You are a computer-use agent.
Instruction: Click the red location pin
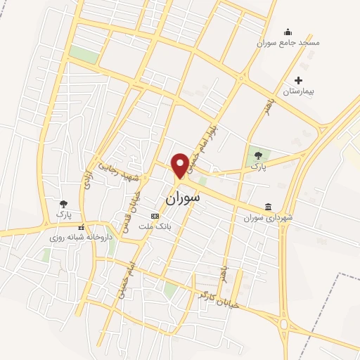pyautogui.click(x=180, y=165)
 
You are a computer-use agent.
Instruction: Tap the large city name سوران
pyautogui.click(x=183, y=199)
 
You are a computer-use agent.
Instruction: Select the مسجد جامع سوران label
pyautogui.click(x=288, y=42)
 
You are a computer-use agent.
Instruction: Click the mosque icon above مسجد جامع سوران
pyautogui.click(x=288, y=32)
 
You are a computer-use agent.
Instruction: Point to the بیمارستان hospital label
pyautogui.click(x=301, y=91)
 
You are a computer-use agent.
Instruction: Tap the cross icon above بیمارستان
pyautogui.click(x=301, y=81)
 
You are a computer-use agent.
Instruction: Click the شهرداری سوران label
pyautogui.click(x=269, y=217)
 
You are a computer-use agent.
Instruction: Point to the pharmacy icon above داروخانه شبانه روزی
pyautogui.click(x=82, y=228)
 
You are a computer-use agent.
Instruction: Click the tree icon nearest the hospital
pyautogui.click(x=258, y=156)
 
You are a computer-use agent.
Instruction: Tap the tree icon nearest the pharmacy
pyautogui.click(x=64, y=202)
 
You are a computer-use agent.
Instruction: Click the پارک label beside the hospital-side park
pyautogui.click(x=258, y=169)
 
